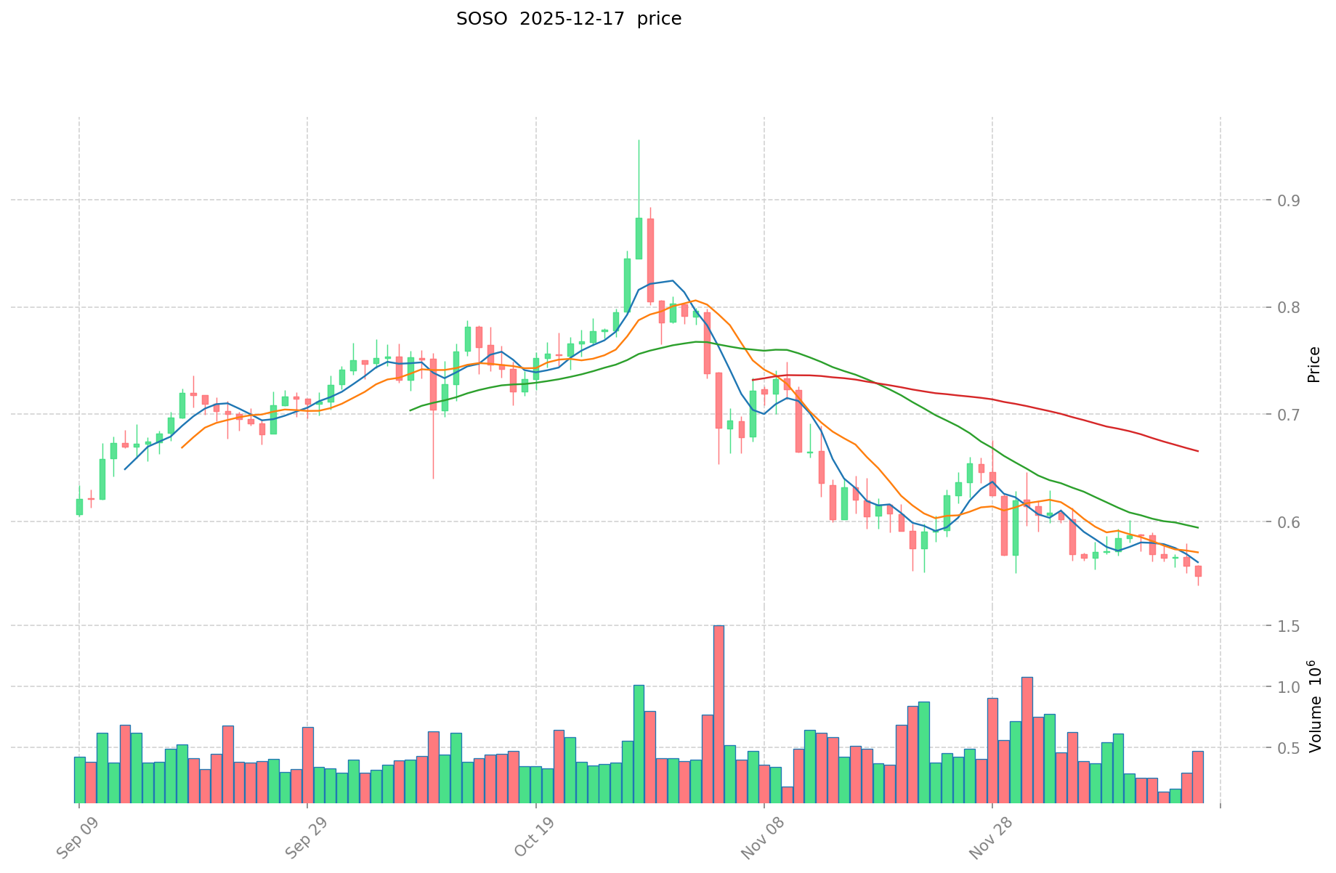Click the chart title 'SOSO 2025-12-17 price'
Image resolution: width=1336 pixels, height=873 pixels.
tap(568, 20)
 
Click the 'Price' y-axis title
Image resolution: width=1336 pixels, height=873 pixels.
tap(1313, 365)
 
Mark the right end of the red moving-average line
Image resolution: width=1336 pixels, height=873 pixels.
tap(1197, 451)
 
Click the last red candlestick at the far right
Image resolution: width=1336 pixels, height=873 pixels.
tap(1198, 571)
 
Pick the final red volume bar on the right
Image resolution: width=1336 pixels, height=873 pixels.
tap(1198, 777)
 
